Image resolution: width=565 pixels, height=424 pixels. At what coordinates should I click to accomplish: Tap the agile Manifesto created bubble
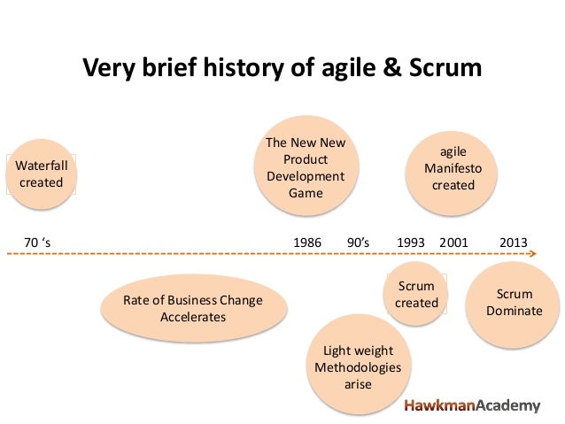coord(453,168)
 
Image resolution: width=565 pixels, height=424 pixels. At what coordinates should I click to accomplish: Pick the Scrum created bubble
coord(416,295)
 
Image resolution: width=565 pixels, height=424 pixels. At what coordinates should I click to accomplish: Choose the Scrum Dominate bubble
coord(514,302)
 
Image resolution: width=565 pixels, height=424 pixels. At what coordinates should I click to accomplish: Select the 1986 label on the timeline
coord(307,241)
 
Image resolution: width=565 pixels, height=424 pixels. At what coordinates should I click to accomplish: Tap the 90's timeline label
coord(359,241)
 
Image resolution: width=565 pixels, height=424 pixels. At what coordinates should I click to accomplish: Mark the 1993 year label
coord(411,241)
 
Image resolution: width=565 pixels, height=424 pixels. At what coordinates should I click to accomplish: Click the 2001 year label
coord(453,241)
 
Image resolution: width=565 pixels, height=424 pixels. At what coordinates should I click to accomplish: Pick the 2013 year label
coord(514,241)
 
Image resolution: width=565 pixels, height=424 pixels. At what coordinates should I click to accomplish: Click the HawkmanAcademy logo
coord(472,405)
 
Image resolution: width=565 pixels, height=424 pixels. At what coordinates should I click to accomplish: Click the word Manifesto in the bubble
coord(453,168)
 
